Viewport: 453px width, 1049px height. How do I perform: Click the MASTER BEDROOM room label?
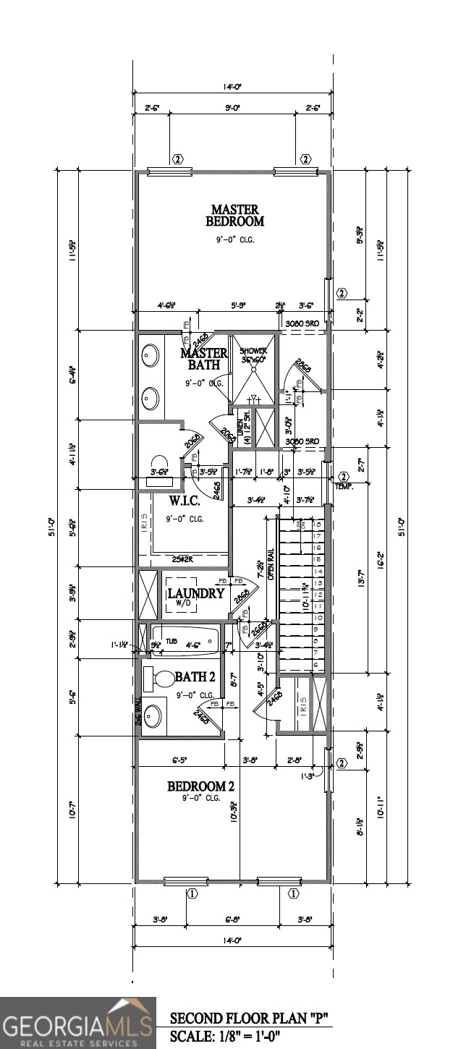pyautogui.click(x=234, y=216)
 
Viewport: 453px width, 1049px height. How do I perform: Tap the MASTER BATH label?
pyautogui.click(x=204, y=359)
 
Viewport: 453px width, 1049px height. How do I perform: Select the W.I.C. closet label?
pyautogui.click(x=185, y=501)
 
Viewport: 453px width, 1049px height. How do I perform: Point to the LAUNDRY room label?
pyautogui.click(x=195, y=594)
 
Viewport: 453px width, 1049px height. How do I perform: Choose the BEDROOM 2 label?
pyautogui.click(x=201, y=786)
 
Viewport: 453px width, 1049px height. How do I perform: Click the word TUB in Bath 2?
pyautogui.click(x=172, y=641)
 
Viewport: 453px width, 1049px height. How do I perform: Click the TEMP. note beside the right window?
pyautogui.click(x=342, y=487)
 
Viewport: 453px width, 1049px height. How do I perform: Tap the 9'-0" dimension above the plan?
pyautogui.click(x=232, y=108)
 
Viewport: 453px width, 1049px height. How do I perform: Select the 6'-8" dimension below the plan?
pyautogui.click(x=232, y=920)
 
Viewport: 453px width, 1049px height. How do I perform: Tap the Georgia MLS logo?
pyautogui.click(x=78, y=1023)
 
